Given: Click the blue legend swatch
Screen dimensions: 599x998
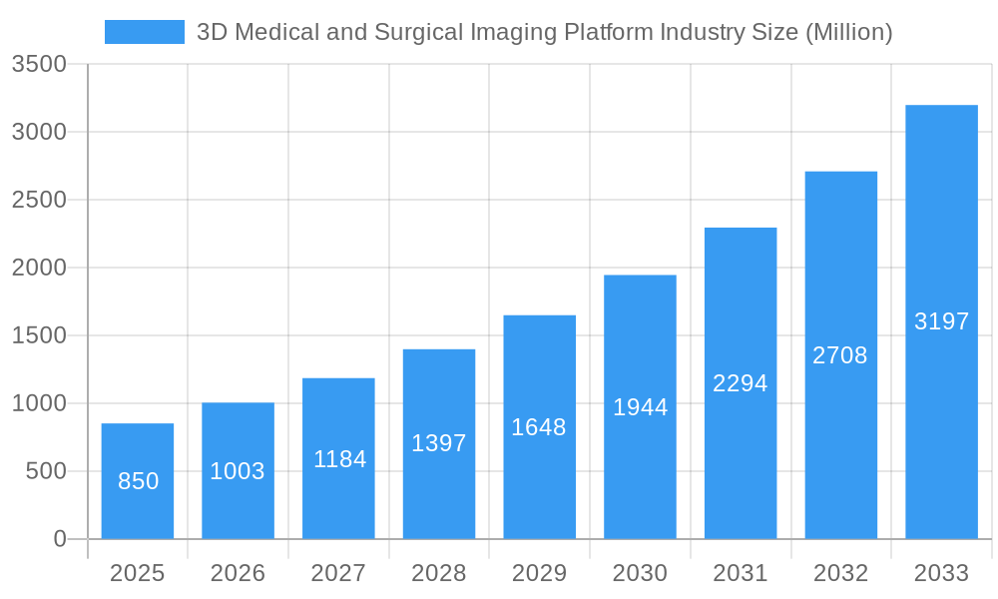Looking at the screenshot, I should click(x=144, y=32).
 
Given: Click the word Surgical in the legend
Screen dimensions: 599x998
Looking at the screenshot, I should click(x=419, y=32).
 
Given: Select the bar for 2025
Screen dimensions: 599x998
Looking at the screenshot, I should click(x=138, y=481).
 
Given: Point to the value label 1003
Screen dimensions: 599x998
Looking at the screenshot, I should click(x=238, y=471).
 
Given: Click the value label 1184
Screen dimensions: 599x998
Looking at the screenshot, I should click(x=339, y=459).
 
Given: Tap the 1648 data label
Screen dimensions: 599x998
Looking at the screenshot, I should click(x=539, y=427).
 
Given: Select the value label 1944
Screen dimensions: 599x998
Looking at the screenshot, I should click(x=640, y=407).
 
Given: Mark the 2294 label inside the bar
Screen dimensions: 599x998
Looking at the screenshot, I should click(x=741, y=383).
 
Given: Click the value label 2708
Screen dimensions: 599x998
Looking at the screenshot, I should click(x=840, y=355).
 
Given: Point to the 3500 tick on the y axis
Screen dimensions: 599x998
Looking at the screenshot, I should click(x=39, y=65).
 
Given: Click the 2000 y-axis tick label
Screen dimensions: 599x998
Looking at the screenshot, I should click(x=39, y=268).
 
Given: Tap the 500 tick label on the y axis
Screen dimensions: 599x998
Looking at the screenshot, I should click(x=46, y=471).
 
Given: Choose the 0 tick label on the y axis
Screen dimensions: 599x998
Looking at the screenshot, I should click(x=60, y=539).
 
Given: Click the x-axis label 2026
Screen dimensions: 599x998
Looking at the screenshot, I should click(x=238, y=573).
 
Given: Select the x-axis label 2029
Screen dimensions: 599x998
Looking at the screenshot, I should click(x=539, y=573).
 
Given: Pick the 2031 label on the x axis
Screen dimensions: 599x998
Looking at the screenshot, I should click(x=741, y=573).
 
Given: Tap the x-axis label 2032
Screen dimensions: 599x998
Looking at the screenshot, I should click(x=840, y=573).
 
